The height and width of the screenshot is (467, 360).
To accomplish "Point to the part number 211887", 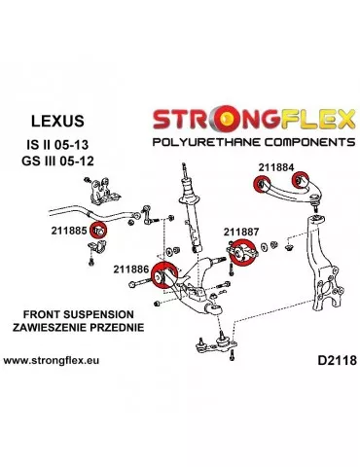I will pyautogui.click(x=242, y=232).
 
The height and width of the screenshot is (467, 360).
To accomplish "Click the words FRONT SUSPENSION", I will pyautogui.click(x=76, y=314).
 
